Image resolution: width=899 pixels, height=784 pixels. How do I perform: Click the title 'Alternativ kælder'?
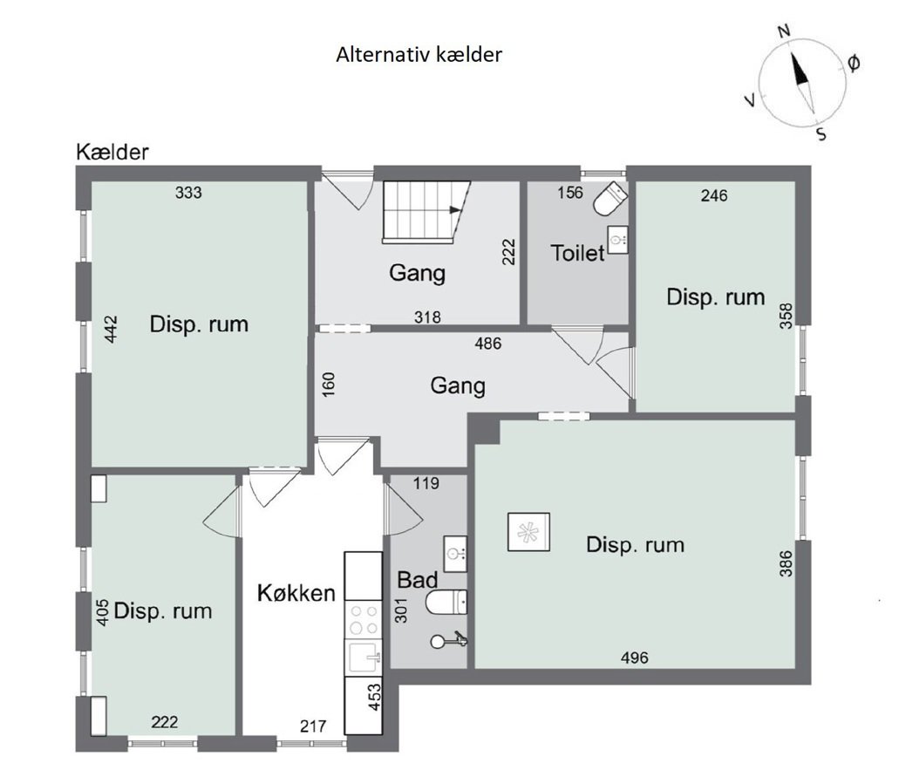419,54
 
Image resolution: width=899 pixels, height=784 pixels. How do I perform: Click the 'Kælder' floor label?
112,152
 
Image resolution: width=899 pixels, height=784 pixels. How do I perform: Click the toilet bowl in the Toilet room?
610,200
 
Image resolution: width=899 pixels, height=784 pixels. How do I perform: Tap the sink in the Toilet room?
618,238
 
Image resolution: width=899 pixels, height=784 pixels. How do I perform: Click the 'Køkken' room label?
296,594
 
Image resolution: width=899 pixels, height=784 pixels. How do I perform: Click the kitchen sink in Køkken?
363,657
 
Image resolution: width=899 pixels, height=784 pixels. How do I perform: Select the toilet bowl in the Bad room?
448,601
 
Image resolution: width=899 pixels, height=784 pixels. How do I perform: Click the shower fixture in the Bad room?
450,641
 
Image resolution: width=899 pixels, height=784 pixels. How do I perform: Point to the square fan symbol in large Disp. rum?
529,531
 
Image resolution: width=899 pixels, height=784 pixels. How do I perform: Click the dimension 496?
634,658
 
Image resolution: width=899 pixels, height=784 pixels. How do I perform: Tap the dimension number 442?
112,329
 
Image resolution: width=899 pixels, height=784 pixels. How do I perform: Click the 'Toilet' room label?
577,254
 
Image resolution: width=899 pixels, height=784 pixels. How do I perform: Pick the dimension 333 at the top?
188,193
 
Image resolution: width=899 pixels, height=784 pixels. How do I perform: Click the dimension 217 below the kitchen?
313,726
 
